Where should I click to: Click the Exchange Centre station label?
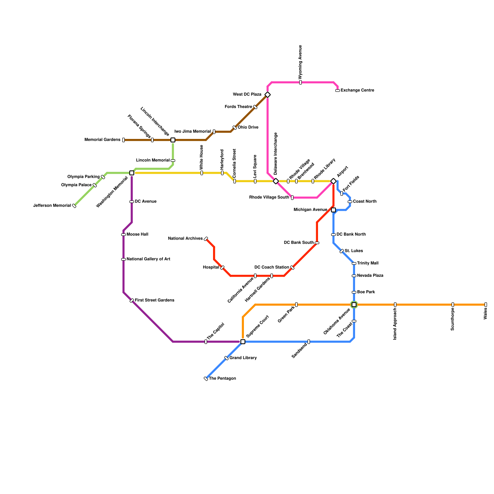click(x=357, y=90)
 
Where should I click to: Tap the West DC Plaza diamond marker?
click(x=268, y=95)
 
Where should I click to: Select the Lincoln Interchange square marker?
click(x=173, y=140)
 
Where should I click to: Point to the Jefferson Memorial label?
click(x=52, y=206)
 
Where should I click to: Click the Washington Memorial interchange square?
click(x=132, y=173)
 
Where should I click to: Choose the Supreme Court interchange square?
click(x=243, y=342)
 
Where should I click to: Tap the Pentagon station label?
click(x=222, y=379)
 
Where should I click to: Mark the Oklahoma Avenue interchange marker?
click(x=354, y=305)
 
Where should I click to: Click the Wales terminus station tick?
click(x=486, y=305)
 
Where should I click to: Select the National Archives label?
click(x=185, y=239)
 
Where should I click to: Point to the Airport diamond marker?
click(x=333, y=181)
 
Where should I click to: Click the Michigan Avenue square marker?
click(x=333, y=210)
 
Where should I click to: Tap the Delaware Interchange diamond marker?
click(x=276, y=181)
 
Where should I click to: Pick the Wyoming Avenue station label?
click(x=300, y=62)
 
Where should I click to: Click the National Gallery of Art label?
click(x=148, y=259)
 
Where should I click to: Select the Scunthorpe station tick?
click(x=453, y=305)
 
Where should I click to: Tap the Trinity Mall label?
click(x=368, y=263)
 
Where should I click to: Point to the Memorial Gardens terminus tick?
click(x=124, y=140)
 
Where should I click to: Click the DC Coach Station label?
click(x=272, y=267)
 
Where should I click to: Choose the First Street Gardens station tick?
click(x=132, y=301)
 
